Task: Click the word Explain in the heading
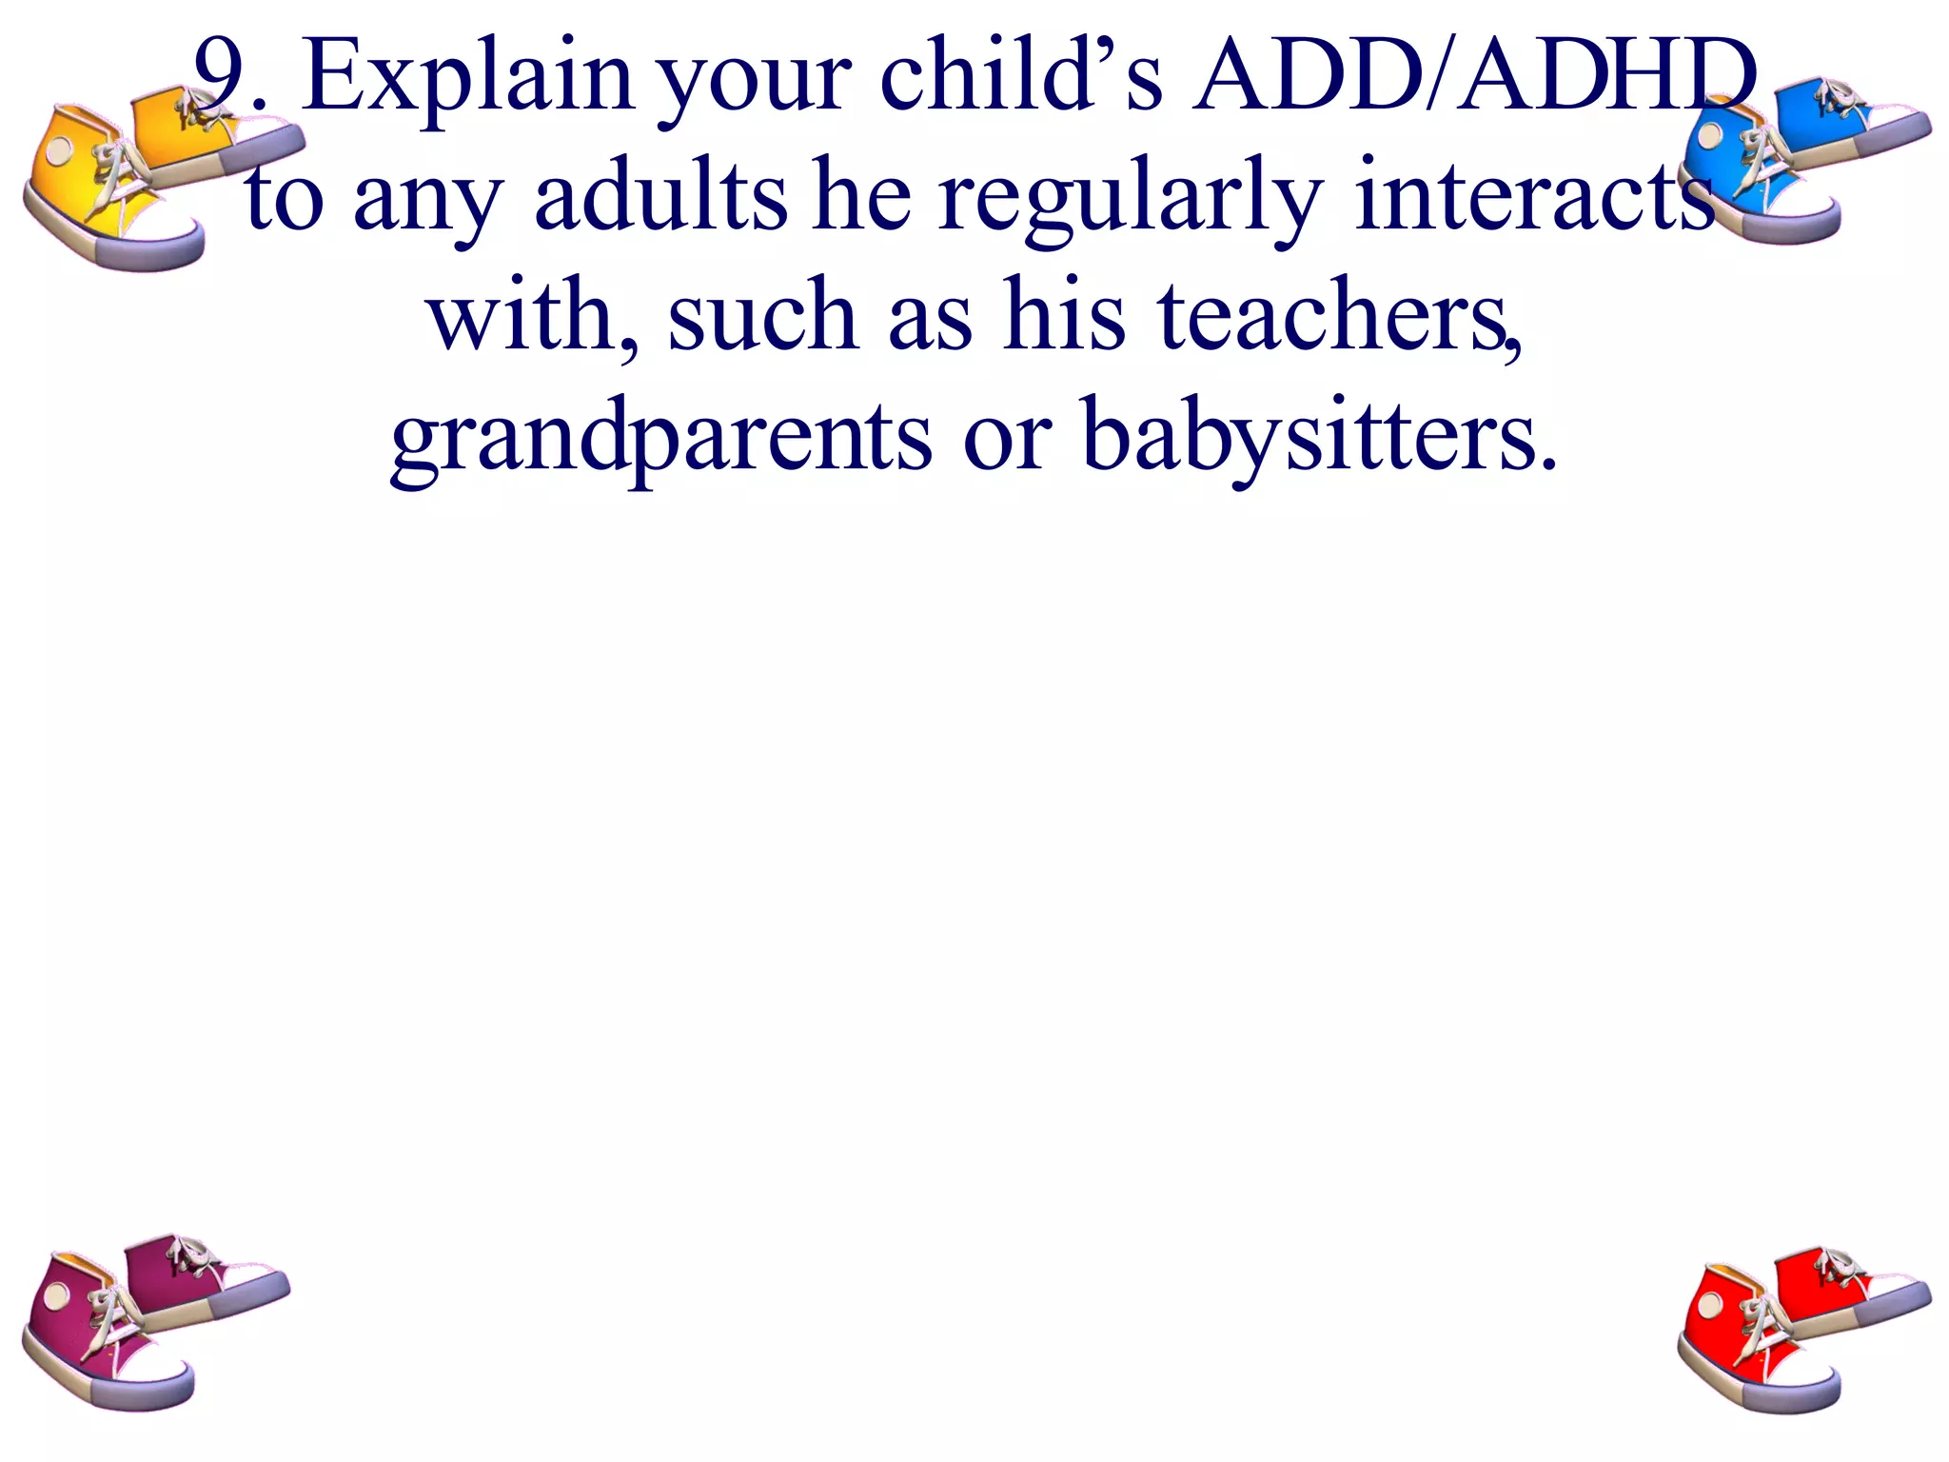pyautogui.click(x=466, y=78)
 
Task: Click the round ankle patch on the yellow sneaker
pyautogui.click(x=60, y=150)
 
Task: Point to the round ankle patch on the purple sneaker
pyautogui.click(x=56, y=1294)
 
